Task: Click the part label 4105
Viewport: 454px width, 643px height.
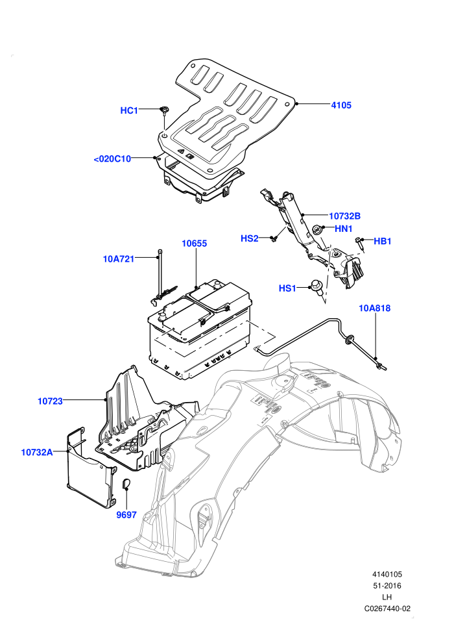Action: pos(341,105)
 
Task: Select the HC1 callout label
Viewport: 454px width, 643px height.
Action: pos(129,110)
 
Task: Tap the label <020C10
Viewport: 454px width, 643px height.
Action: pos(112,158)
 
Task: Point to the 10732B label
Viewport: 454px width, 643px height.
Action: pos(344,216)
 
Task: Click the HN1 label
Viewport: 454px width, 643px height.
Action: pos(344,229)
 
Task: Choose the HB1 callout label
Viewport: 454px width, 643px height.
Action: pos(383,241)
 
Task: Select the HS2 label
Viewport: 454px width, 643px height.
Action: pos(249,238)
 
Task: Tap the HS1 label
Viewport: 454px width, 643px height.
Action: pos(287,288)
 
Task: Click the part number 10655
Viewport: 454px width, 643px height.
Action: pos(195,243)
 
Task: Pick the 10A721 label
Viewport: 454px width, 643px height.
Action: pos(118,258)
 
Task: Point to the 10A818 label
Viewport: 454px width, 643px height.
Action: pos(375,308)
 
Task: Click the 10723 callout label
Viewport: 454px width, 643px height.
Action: pos(51,401)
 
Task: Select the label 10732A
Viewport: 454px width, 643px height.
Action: pos(37,452)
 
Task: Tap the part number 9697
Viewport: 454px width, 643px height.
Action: pos(126,514)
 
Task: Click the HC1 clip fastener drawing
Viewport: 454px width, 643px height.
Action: pos(165,110)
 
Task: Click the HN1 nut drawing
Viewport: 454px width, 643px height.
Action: pos(317,230)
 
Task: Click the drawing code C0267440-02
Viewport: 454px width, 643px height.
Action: pos(387,609)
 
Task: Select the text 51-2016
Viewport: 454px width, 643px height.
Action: pos(387,586)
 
